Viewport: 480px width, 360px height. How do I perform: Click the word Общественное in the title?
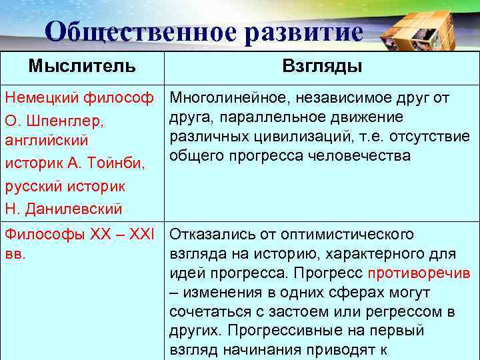(139, 32)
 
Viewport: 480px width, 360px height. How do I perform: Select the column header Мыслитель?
(82, 66)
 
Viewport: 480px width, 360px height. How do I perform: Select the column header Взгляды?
(323, 66)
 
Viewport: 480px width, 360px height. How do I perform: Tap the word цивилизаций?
(287, 137)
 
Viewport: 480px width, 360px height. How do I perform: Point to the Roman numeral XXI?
(141, 235)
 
